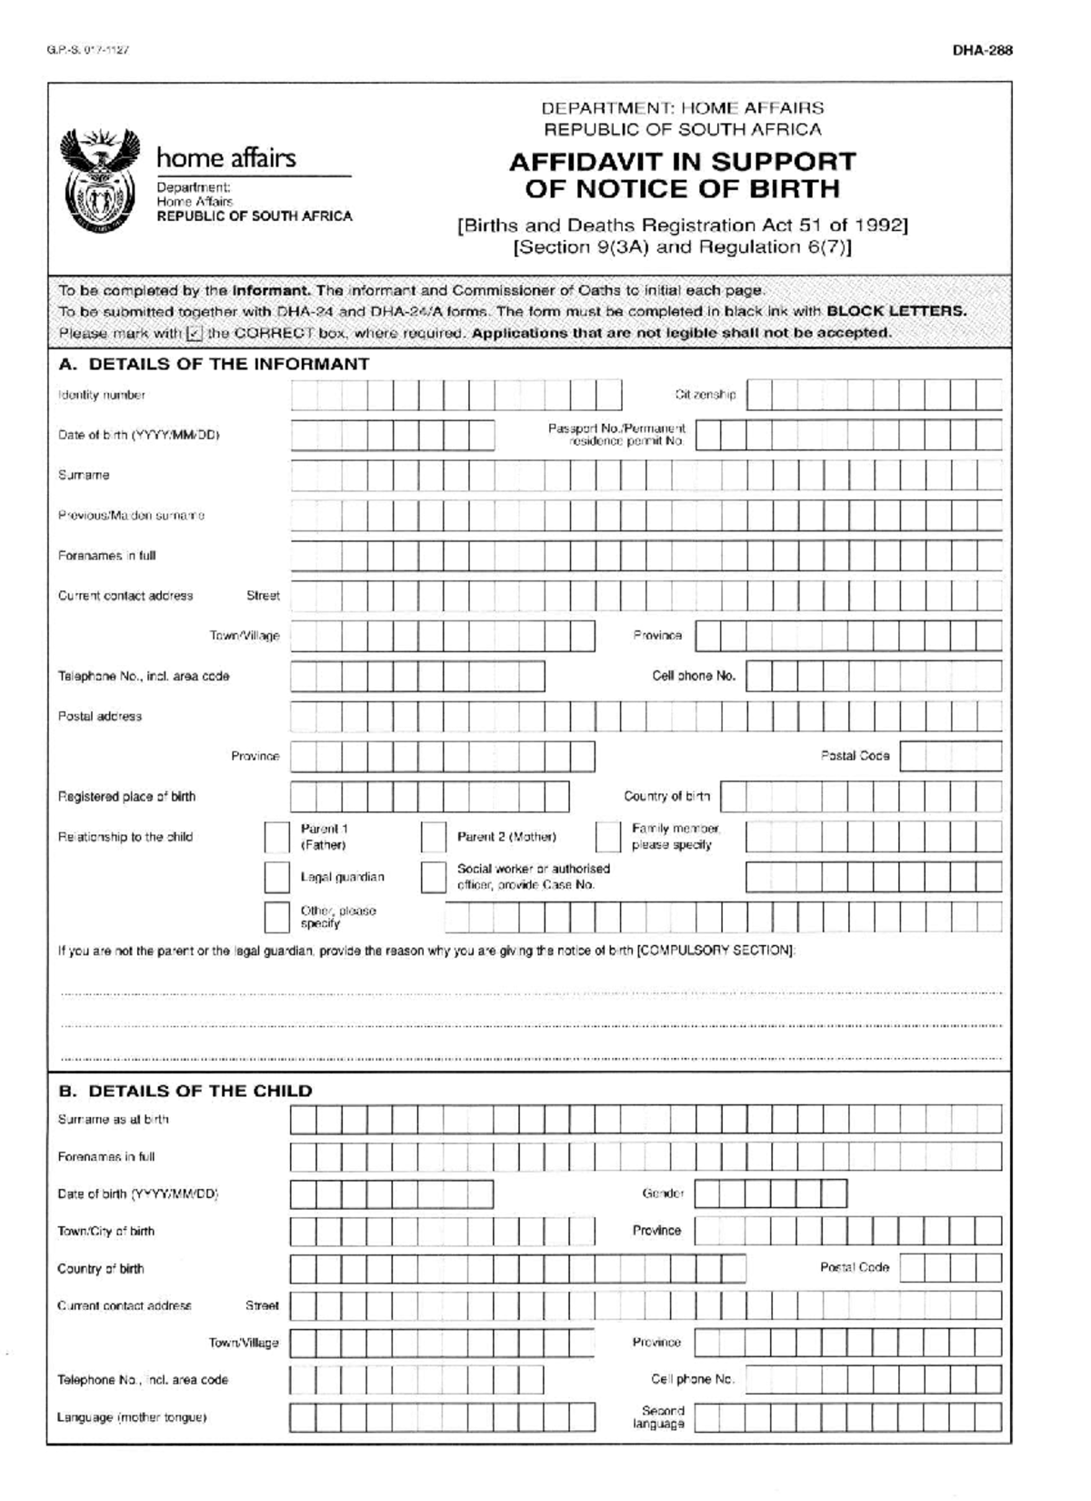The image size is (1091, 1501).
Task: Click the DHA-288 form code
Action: tap(982, 51)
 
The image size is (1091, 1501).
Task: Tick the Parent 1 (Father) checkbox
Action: tap(276, 837)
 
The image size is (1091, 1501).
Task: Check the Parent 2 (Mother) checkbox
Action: tap(434, 837)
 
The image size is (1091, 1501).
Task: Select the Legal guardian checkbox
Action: tap(276, 877)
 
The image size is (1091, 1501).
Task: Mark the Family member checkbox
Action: tap(607, 837)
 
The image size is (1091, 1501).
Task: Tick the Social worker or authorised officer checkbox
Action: tap(434, 877)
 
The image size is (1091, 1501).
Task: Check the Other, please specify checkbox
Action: tap(276, 917)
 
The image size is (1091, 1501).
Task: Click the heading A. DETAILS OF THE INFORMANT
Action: tap(214, 364)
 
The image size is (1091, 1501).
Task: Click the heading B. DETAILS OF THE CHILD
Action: tap(185, 1091)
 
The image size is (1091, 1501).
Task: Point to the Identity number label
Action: tap(101, 395)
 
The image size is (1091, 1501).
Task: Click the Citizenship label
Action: tap(706, 395)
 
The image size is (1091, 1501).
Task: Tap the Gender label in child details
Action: tap(663, 1194)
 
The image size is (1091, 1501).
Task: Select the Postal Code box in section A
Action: tap(950, 756)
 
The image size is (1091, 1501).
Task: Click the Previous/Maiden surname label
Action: tap(131, 516)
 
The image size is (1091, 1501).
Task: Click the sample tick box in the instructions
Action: tap(194, 334)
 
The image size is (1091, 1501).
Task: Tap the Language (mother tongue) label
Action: tap(132, 1417)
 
